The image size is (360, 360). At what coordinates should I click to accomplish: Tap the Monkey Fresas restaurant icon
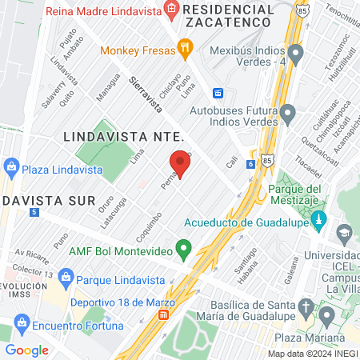[186, 48]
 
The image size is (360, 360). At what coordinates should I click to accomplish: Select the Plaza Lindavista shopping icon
[11, 170]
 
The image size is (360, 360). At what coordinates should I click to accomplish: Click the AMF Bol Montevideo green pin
[183, 250]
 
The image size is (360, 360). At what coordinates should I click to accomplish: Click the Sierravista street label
[146, 94]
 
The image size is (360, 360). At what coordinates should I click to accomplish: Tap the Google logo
[26, 350]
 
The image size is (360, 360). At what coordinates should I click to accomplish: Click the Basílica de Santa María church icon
[306, 307]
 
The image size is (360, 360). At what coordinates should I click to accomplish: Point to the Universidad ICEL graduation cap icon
[344, 233]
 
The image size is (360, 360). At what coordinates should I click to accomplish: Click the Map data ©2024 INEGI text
[312, 354]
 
